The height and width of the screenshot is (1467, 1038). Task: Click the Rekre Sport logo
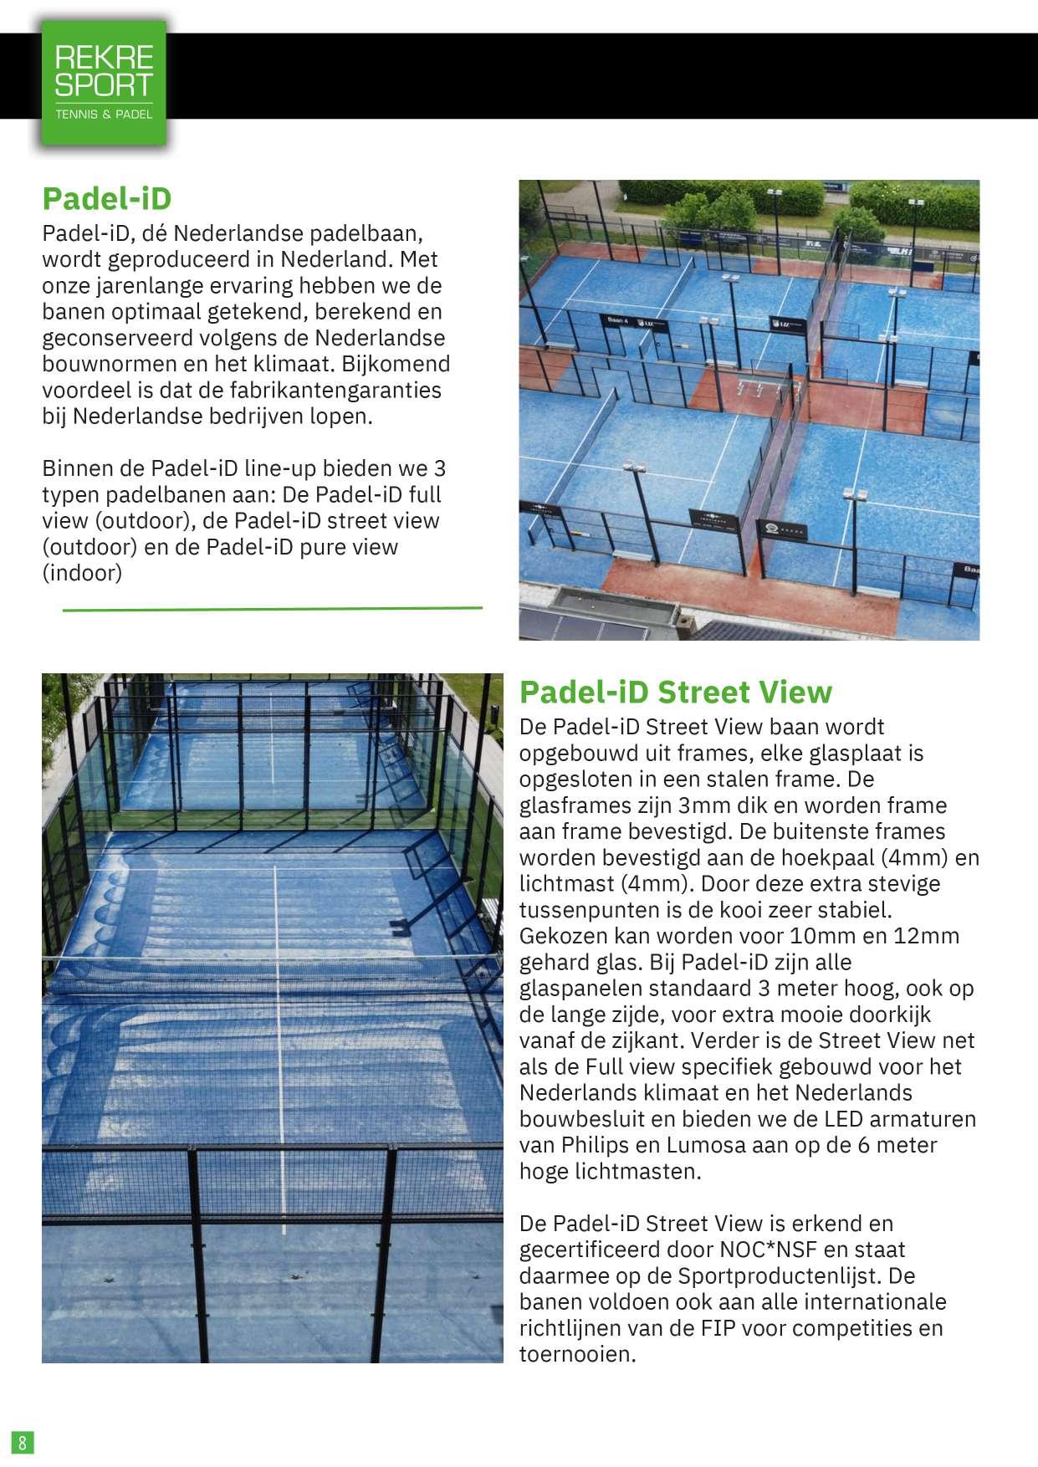click(103, 82)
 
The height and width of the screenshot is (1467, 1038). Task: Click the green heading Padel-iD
click(106, 199)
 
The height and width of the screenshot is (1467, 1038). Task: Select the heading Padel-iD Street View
click(675, 693)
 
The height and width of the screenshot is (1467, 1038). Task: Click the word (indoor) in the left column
click(82, 573)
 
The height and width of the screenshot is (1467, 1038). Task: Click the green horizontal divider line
click(273, 610)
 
